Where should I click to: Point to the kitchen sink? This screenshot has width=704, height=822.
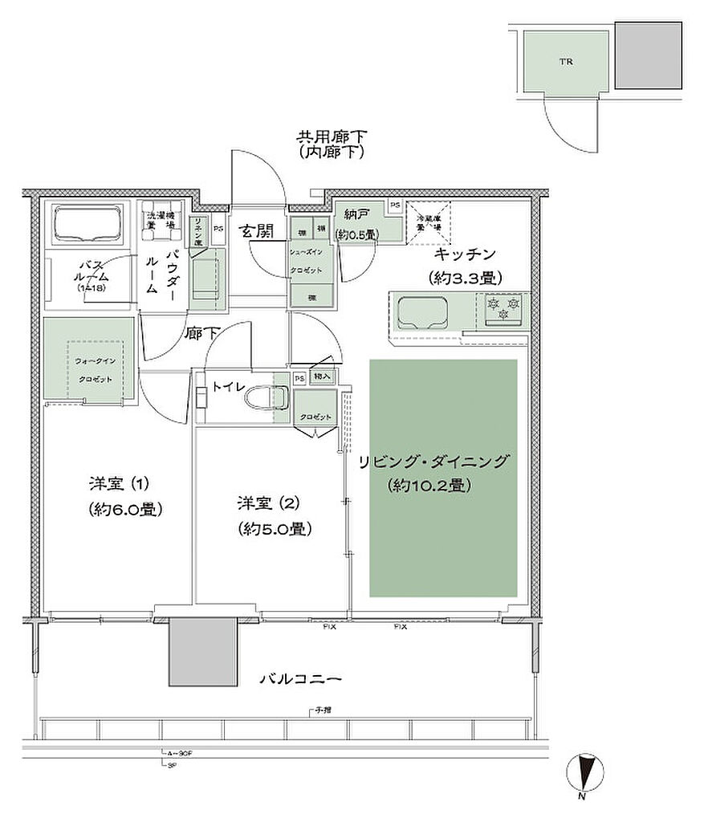(x=422, y=311)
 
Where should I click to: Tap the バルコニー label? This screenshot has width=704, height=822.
(x=300, y=678)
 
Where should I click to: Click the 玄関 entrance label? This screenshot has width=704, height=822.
(x=255, y=231)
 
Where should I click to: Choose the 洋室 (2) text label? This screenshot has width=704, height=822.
(x=267, y=503)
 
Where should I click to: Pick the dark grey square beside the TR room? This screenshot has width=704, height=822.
(x=649, y=55)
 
